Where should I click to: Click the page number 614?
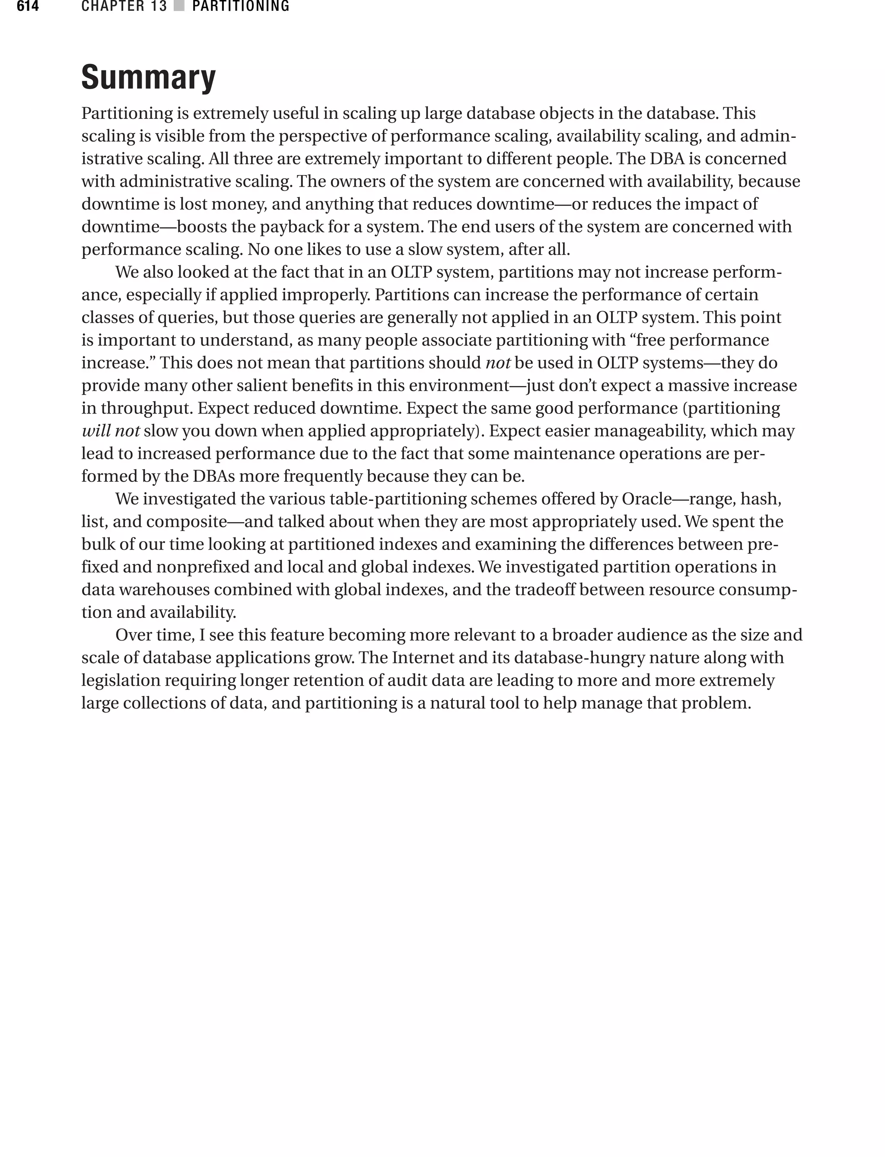click(27, 6)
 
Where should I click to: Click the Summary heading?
click(149, 77)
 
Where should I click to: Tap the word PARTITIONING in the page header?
click(241, 6)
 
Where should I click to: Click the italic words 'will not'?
click(111, 431)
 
